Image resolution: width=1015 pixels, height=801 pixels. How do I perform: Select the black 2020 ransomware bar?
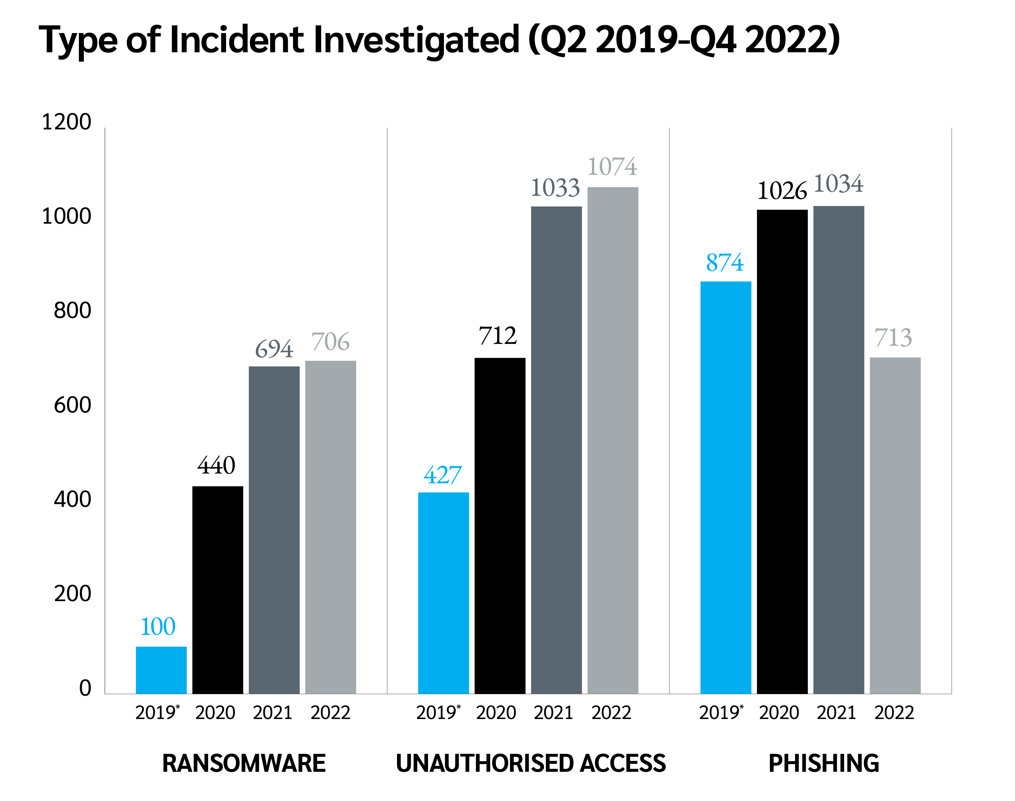pos(218,590)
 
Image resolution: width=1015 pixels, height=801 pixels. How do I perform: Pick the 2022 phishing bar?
pos(895,525)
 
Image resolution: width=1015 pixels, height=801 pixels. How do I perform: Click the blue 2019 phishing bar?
pos(726,487)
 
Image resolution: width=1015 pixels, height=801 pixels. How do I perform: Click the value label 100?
pos(158,627)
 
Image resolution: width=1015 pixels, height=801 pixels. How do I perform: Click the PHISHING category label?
pos(824,764)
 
